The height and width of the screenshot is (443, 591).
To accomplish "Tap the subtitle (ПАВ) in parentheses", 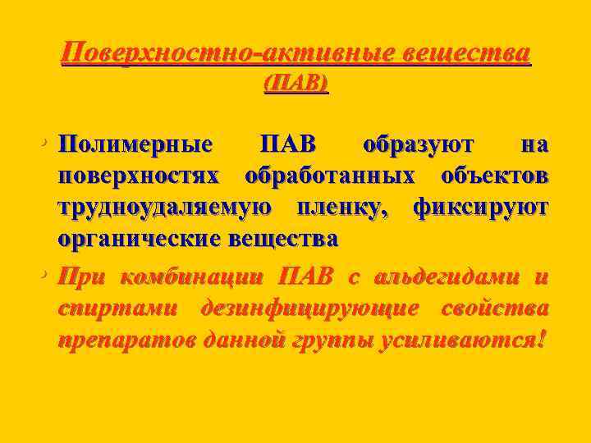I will tap(295, 84).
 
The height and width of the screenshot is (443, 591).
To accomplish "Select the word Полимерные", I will tap(135, 144).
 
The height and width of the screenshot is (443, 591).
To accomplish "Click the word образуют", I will tap(418, 144).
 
